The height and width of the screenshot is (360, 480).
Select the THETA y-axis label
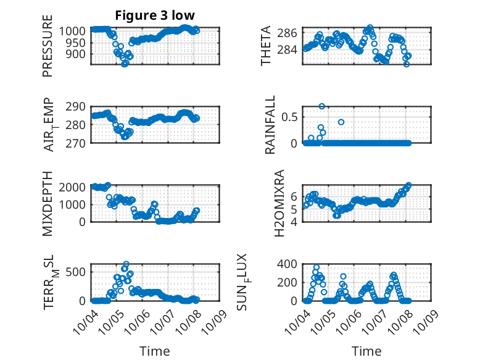click(x=266, y=46)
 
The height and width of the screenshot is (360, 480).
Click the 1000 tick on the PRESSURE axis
click(x=75, y=31)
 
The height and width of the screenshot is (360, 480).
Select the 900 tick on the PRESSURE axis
click(x=79, y=54)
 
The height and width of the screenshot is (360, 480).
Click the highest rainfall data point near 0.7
click(x=321, y=106)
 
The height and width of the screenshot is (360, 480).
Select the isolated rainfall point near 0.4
click(x=341, y=122)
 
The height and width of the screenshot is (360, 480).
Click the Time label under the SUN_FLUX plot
click(x=366, y=351)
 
